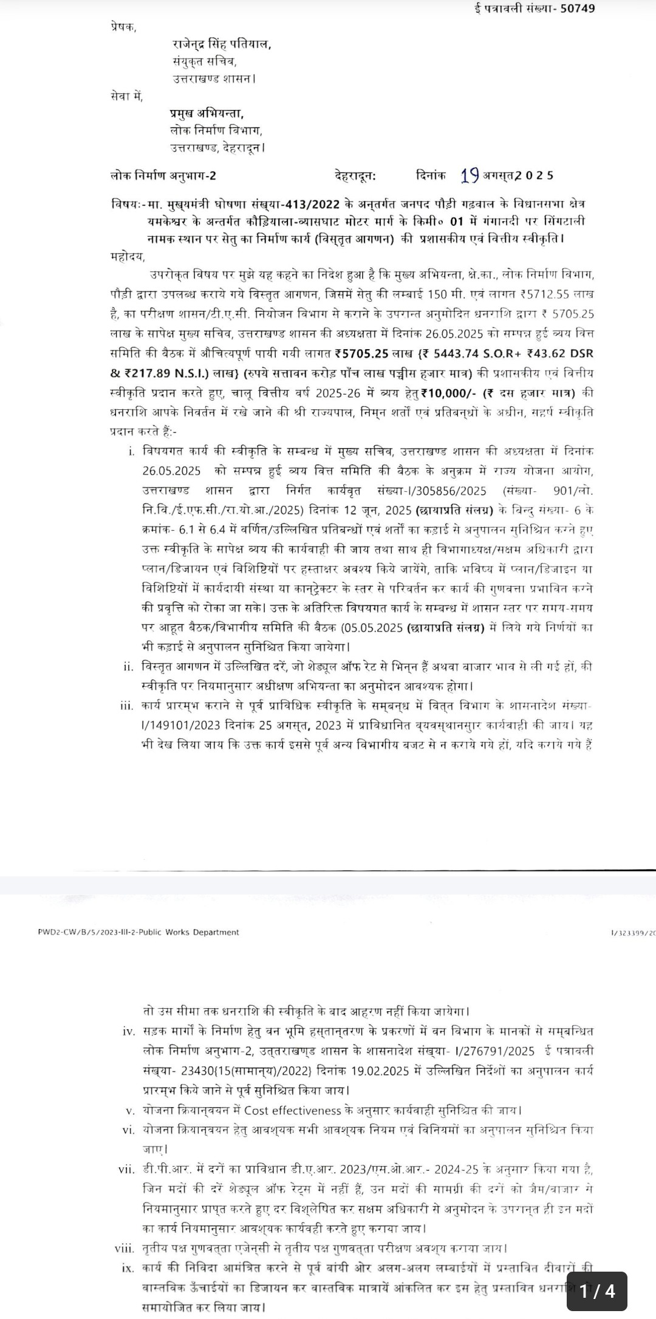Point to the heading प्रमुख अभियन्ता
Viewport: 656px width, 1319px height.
point(207,114)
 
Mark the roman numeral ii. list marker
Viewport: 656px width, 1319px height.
point(128,667)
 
